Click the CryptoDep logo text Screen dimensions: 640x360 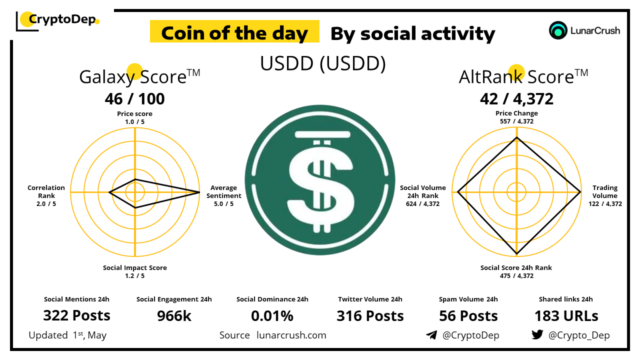[62, 19]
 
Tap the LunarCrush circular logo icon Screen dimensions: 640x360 [557, 30]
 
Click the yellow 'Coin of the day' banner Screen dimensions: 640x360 [234, 31]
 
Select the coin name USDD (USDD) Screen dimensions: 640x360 [323, 63]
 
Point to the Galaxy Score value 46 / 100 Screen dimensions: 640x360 [134, 99]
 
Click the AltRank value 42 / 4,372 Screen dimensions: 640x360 [516, 99]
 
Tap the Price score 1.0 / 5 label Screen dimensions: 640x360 [134, 117]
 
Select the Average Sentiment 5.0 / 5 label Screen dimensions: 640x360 [223, 195]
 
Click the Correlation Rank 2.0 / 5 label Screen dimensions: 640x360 [46, 195]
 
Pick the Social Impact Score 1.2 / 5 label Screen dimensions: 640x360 [135, 271]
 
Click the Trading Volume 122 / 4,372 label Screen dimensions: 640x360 [605, 195]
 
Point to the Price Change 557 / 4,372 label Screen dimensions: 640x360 [516, 117]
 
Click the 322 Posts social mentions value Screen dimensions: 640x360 [76, 315]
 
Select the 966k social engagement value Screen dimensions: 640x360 [174, 316]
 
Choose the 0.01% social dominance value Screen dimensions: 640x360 [272, 316]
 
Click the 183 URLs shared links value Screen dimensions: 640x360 [566, 316]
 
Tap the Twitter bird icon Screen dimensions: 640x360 [537, 334]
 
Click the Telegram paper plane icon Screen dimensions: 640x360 [431, 335]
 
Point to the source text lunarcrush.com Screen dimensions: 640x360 [291, 335]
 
